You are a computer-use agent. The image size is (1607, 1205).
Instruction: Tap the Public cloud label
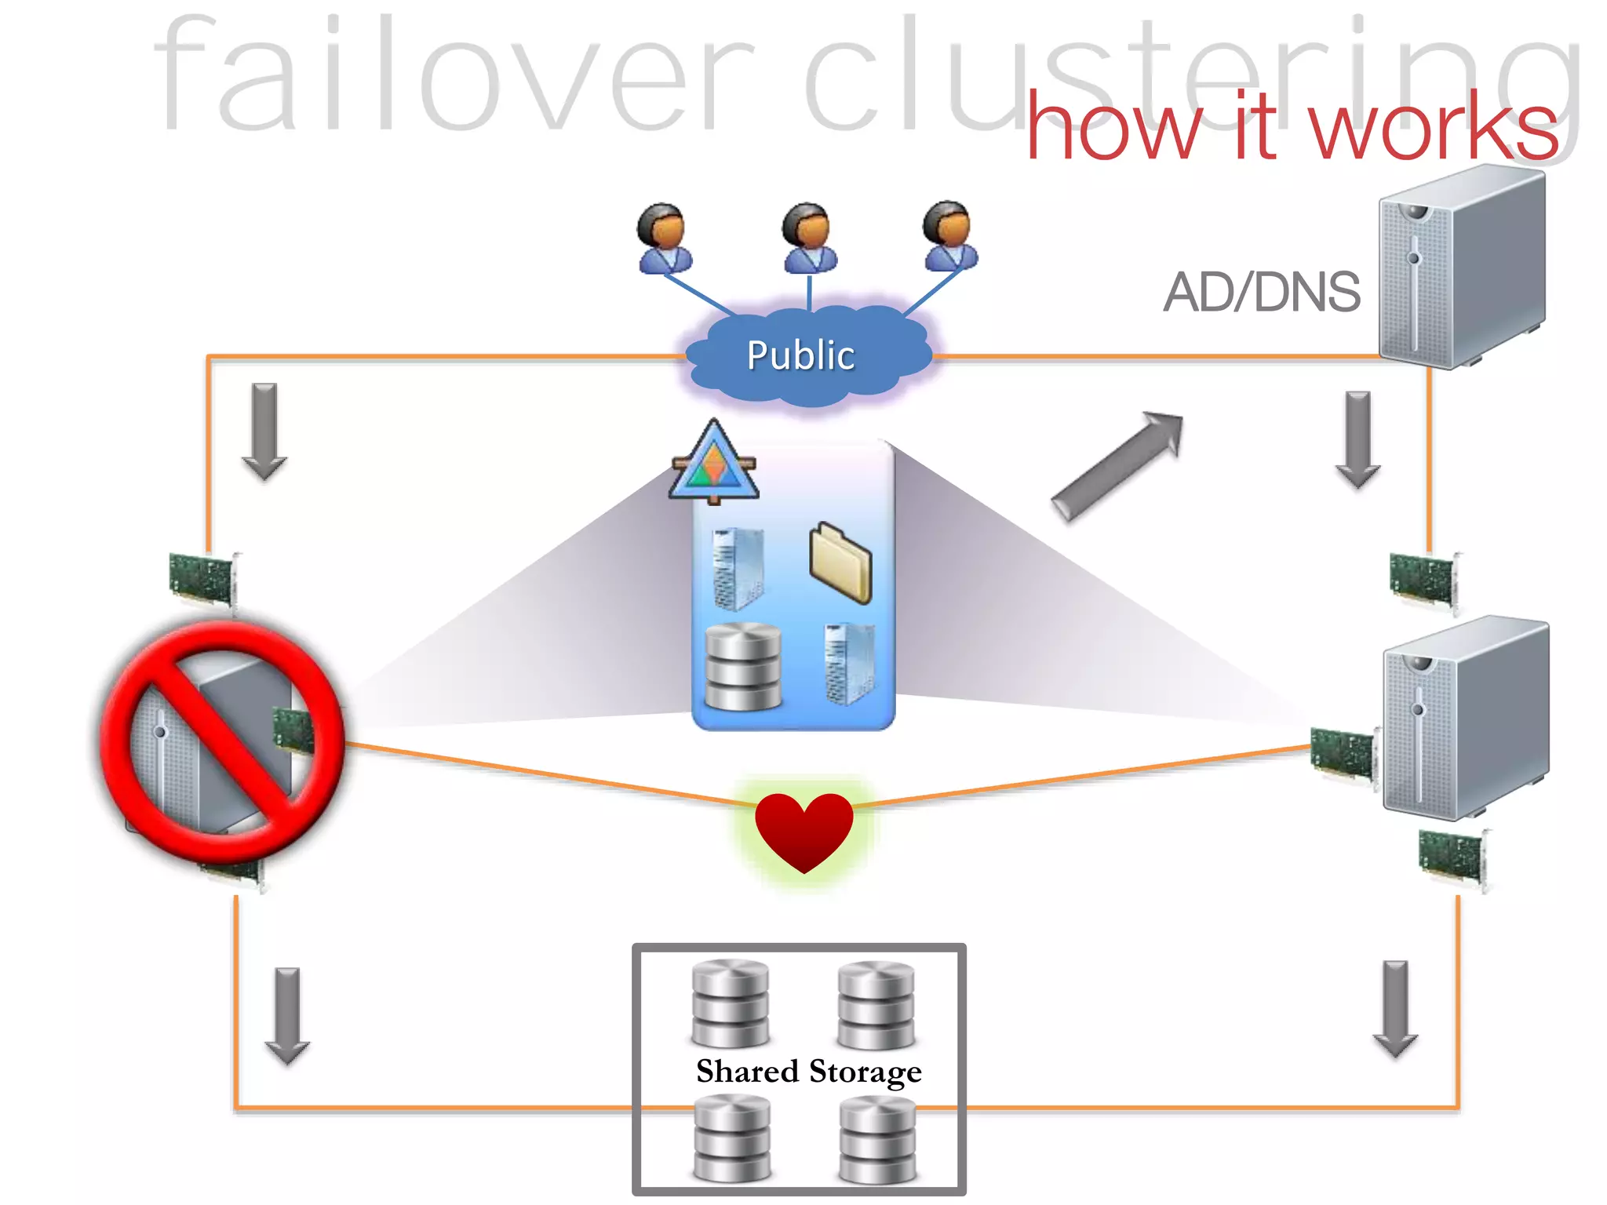click(800, 355)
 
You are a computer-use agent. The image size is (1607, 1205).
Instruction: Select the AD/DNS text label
click(1261, 292)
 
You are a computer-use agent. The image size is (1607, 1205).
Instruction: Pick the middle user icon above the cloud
click(808, 237)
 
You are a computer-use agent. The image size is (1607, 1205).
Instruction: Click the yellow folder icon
click(840, 562)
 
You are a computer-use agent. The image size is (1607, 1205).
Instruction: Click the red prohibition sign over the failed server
click(222, 741)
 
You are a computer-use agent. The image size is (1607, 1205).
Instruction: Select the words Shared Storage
click(808, 1072)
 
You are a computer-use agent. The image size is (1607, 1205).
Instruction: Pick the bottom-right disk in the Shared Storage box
click(877, 1138)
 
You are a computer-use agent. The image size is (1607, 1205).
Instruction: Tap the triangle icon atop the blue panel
click(714, 463)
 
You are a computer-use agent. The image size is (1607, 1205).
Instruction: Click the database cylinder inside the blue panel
click(743, 666)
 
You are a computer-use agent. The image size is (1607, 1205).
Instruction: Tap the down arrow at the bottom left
click(287, 1015)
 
